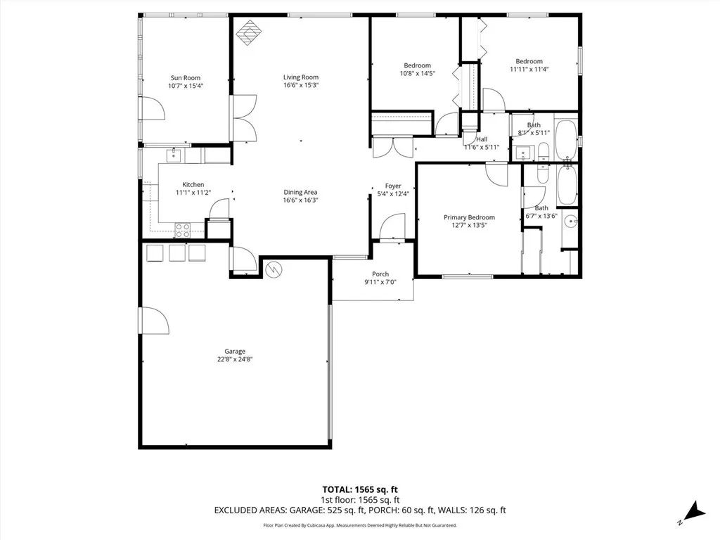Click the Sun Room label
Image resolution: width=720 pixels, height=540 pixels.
tap(186, 78)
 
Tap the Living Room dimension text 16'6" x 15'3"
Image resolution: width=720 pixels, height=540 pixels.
tap(300, 86)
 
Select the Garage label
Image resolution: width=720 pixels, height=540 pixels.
tap(235, 351)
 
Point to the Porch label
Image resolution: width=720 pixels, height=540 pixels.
tap(380, 274)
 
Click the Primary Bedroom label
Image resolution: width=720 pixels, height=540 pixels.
tap(469, 217)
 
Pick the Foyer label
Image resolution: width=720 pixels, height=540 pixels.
tap(392, 186)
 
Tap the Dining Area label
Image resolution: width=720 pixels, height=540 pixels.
tap(300, 192)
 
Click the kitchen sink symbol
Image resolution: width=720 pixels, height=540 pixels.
tap(174, 155)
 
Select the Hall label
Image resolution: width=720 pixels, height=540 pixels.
tap(482, 139)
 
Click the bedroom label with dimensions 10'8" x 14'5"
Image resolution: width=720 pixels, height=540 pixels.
tap(417, 65)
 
